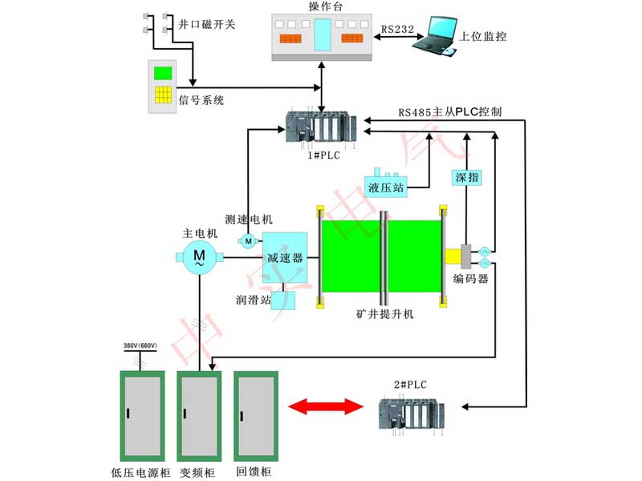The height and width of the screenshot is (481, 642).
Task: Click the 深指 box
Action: (466, 177)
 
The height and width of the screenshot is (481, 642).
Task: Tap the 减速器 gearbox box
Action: (285, 257)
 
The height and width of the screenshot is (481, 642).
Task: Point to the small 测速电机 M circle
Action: (248, 240)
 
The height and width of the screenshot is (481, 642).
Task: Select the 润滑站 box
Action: (283, 300)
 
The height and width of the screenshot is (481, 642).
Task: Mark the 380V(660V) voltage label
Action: (140, 346)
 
